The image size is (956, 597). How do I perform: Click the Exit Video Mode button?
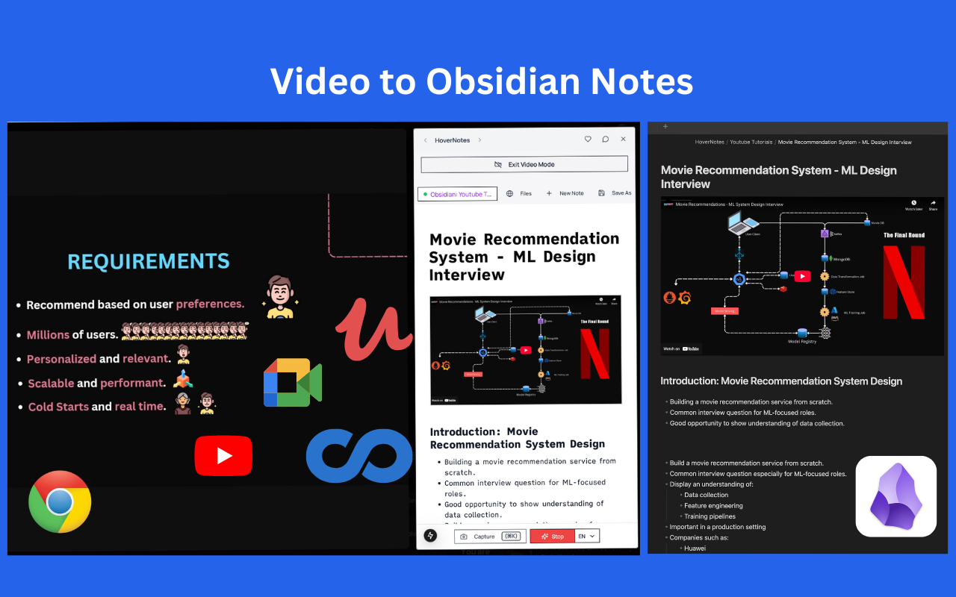point(524,164)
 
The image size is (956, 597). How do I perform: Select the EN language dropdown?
point(587,536)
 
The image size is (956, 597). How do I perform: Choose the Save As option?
point(615,193)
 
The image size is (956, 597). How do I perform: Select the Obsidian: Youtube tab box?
point(457,194)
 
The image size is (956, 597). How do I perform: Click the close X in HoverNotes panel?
point(624,140)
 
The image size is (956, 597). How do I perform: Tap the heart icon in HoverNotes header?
point(588,140)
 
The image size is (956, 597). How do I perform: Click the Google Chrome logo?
point(60,501)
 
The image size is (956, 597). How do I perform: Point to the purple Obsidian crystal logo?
point(896,496)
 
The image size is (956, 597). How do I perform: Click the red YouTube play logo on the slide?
point(223,455)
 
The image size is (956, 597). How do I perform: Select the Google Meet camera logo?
point(292,382)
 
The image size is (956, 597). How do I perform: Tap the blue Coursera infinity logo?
point(360,454)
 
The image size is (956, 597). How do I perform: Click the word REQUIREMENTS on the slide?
point(149,261)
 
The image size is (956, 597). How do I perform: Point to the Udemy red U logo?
point(373,328)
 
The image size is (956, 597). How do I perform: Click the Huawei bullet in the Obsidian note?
point(695,548)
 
